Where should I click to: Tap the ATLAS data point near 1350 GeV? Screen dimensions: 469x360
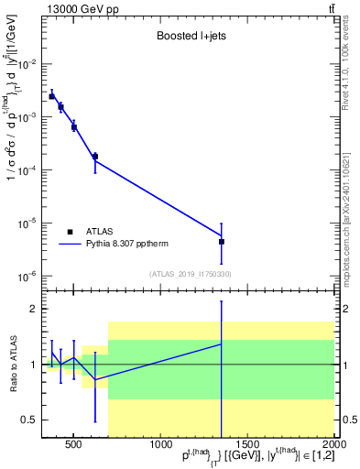(222, 242)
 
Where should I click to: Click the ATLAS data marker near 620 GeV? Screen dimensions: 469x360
(95, 157)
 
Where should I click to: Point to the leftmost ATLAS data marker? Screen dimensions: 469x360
(52, 96)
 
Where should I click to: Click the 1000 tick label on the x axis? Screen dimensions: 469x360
(160, 445)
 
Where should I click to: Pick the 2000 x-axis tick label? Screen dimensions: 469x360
(334, 445)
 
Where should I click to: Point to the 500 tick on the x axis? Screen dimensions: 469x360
(74, 445)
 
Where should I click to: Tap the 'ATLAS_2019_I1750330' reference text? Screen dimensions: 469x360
(191, 274)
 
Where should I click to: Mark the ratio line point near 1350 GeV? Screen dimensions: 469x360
(222, 344)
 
